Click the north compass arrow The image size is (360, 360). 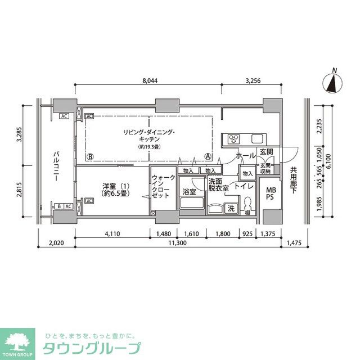point(333,83)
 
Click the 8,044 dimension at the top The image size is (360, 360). point(149,80)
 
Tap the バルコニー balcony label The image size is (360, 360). point(57,164)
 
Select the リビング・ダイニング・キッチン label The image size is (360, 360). point(149,136)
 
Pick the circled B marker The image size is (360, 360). point(90,157)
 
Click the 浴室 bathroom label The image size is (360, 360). point(189,192)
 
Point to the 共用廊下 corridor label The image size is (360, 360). point(293,181)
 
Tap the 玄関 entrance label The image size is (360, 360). point(266,152)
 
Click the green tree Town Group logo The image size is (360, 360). point(19,341)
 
